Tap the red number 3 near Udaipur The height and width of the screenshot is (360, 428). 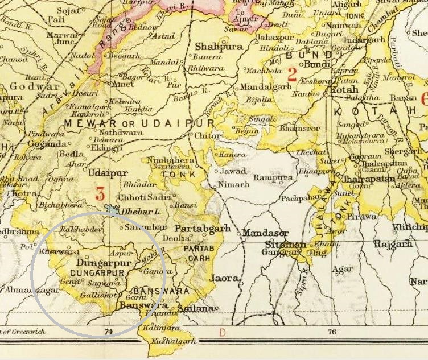pos(100,194)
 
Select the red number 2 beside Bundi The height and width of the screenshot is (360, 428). pos(292,74)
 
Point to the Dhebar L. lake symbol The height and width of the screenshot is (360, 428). pos(112,210)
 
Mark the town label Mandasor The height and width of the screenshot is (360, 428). pos(265,233)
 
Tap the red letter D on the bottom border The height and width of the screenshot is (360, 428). pos(223,330)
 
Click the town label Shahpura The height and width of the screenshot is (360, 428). pos(219,47)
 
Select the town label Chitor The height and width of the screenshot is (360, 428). pos(207,136)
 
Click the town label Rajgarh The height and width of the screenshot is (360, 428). pos(393,244)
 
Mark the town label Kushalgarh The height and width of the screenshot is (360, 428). pos(174,341)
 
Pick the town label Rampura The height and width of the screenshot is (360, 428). pos(273,178)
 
